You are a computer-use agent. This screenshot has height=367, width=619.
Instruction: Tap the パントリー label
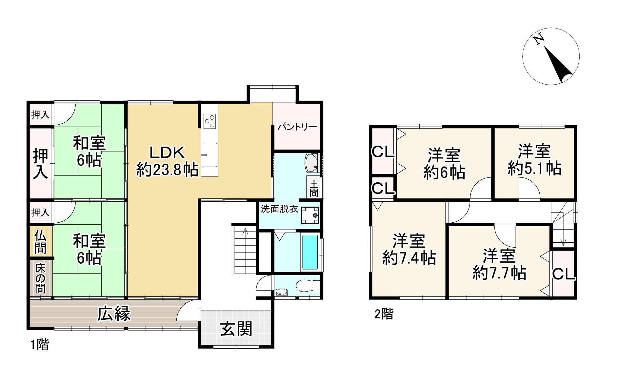coord(297,127)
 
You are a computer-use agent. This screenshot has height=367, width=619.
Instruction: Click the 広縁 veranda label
coord(114,313)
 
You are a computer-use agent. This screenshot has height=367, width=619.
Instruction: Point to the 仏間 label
coord(40,242)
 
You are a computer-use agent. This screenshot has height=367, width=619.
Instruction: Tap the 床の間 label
coord(40,279)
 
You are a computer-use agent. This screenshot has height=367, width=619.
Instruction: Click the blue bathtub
coord(310,252)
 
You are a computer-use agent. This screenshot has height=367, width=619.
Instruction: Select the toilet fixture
coord(308,285)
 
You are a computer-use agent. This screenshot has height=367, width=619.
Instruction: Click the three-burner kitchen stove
coord(210,120)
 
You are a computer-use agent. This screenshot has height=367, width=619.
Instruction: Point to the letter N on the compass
coord(538,40)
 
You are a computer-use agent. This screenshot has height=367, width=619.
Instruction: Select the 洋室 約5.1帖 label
coord(534,160)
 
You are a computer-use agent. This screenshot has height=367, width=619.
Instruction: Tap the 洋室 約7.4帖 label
coord(409,249)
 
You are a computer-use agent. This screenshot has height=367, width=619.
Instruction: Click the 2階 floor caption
coord(384,314)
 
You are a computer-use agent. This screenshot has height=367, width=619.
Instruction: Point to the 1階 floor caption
coord(40,345)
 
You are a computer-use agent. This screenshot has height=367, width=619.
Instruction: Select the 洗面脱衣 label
coord(279,209)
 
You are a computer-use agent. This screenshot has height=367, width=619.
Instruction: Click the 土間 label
coord(314,188)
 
